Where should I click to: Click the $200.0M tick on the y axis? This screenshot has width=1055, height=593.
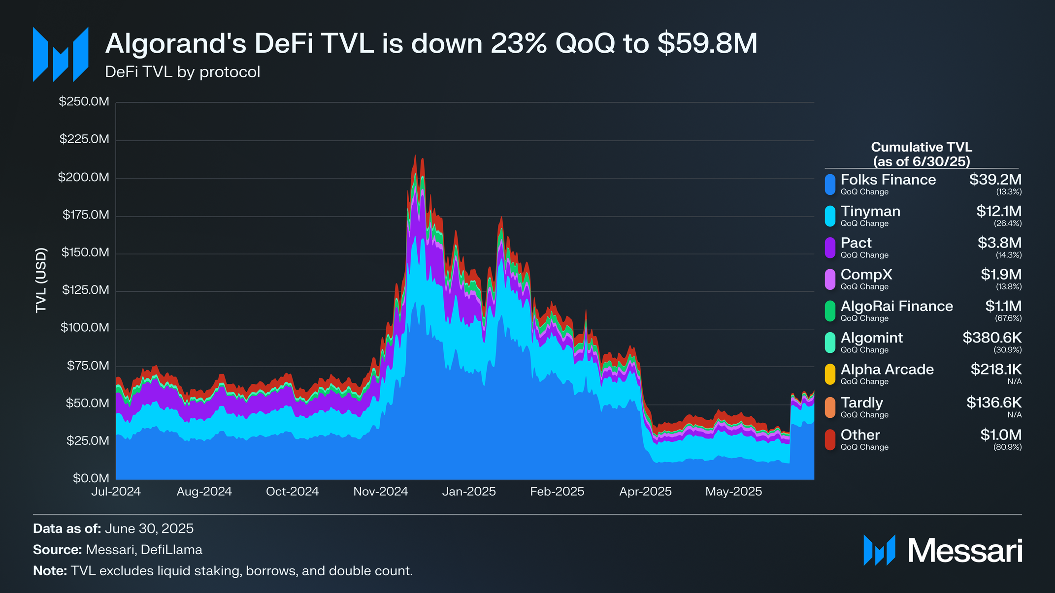point(83,177)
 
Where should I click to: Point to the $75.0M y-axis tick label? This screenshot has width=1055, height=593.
point(88,366)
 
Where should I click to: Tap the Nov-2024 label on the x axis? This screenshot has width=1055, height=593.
point(381,491)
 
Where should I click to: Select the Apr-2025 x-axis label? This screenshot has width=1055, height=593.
point(645,491)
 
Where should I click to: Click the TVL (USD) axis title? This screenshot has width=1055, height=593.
point(41,280)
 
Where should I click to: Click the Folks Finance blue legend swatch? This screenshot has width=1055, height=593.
point(830,185)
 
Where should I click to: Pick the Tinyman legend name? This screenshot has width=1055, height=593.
point(870,211)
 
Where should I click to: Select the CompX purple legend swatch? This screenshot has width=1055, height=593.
point(830,279)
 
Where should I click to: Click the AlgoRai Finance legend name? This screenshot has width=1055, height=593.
point(896,306)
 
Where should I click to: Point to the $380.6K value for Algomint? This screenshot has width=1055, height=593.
point(992,338)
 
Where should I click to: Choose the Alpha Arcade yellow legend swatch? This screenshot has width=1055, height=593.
point(830,374)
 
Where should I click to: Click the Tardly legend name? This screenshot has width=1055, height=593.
point(861,403)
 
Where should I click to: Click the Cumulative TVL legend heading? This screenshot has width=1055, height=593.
point(921,154)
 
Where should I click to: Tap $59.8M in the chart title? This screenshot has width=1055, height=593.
point(707,43)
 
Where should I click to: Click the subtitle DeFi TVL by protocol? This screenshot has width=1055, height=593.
point(182,72)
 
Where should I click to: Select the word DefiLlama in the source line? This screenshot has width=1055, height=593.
point(171,550)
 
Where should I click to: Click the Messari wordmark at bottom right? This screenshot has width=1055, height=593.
point(965,550)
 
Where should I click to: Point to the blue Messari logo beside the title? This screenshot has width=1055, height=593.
point(61,54)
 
